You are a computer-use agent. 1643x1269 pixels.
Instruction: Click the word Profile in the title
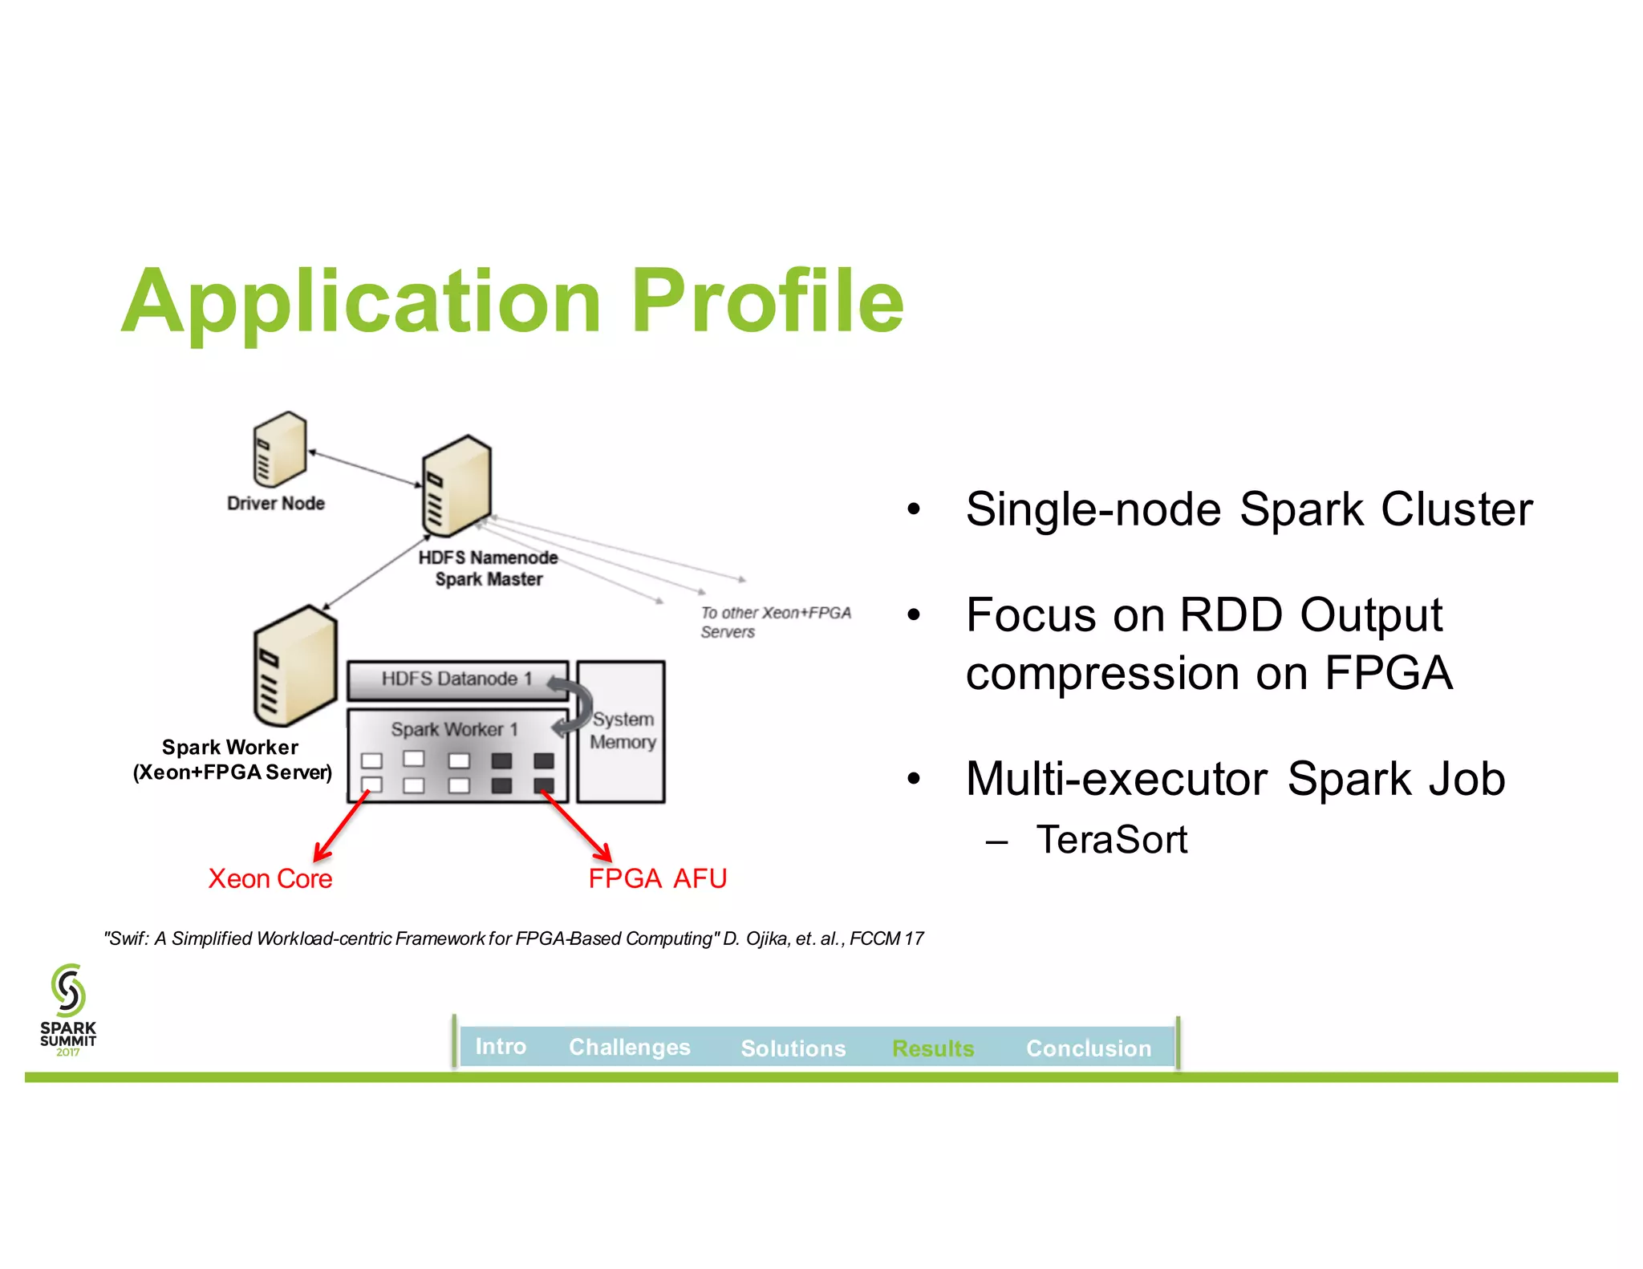(767, 302)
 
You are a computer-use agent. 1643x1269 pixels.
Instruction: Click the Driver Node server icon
(279, 449)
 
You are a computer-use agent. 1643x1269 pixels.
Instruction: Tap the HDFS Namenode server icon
(456, 486)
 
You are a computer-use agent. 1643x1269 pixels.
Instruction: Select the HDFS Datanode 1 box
(457, 679)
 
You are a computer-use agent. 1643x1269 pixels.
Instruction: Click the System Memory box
(622, 731)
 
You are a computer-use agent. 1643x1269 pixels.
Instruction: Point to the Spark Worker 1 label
(454, 729)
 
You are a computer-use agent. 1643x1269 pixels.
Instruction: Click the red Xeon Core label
(270, 878)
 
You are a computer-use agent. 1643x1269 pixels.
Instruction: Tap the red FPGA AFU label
(657, 878)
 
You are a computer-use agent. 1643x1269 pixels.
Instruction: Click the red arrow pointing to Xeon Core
(341, 827)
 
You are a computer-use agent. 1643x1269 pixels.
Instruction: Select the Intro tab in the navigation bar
(501, 1047)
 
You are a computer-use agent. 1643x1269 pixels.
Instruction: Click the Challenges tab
(629, 1048)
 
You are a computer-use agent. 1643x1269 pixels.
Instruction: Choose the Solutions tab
(793, 1048)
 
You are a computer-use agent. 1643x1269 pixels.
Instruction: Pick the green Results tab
(932, 1048)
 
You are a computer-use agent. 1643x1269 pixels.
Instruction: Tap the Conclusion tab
(1088, 1048)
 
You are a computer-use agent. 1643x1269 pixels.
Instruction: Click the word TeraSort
(1111, 840)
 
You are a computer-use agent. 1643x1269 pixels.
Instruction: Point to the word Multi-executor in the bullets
(1116, 779)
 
